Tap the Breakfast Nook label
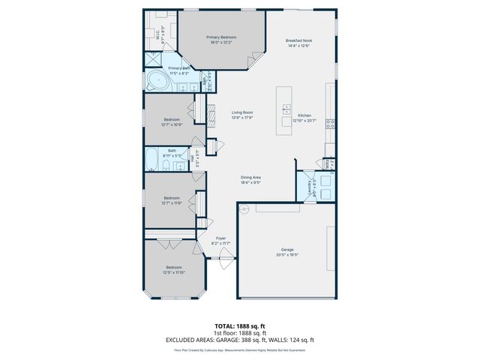point(299,41)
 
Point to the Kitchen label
point(304,115)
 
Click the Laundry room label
point(309,188)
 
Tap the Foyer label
point(220,238)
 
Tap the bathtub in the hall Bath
point(150,160)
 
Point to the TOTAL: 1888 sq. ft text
point(240,326)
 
